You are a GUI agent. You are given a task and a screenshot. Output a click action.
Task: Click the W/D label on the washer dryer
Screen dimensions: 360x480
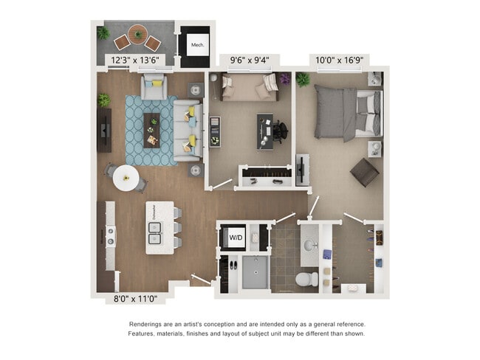pyautogui.click(x=236, y=238)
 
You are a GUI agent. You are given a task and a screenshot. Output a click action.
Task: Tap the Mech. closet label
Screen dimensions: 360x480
pyautogui.click(x=197, y=45)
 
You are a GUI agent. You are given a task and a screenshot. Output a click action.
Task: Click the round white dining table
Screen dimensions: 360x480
pyautogui.click(x=126, y=177)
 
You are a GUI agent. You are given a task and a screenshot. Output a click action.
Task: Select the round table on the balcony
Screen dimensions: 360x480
pyautogui.click(x=137, y=33)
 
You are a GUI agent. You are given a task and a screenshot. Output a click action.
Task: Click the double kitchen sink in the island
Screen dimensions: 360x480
pyautogui.click(x=156, y=238)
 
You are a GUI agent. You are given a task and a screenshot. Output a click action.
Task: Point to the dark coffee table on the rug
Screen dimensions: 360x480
pyautogui.click(x=151, y=130)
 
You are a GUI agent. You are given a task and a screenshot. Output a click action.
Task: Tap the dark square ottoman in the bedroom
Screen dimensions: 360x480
pyautogui.click(x=364, y=172)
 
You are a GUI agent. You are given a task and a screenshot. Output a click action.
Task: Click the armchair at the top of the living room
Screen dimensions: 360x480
pyautogui.click(x=154, y=86)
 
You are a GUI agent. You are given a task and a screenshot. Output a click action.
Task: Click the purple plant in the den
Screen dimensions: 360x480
pyautogui.click(x=285, y=78)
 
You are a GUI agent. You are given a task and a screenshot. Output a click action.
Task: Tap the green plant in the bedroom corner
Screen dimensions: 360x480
pyautogui.click(x=303, y=79)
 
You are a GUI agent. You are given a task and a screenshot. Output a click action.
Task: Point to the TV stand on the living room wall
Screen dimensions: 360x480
pyautogui.click(x=104, y=131)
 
